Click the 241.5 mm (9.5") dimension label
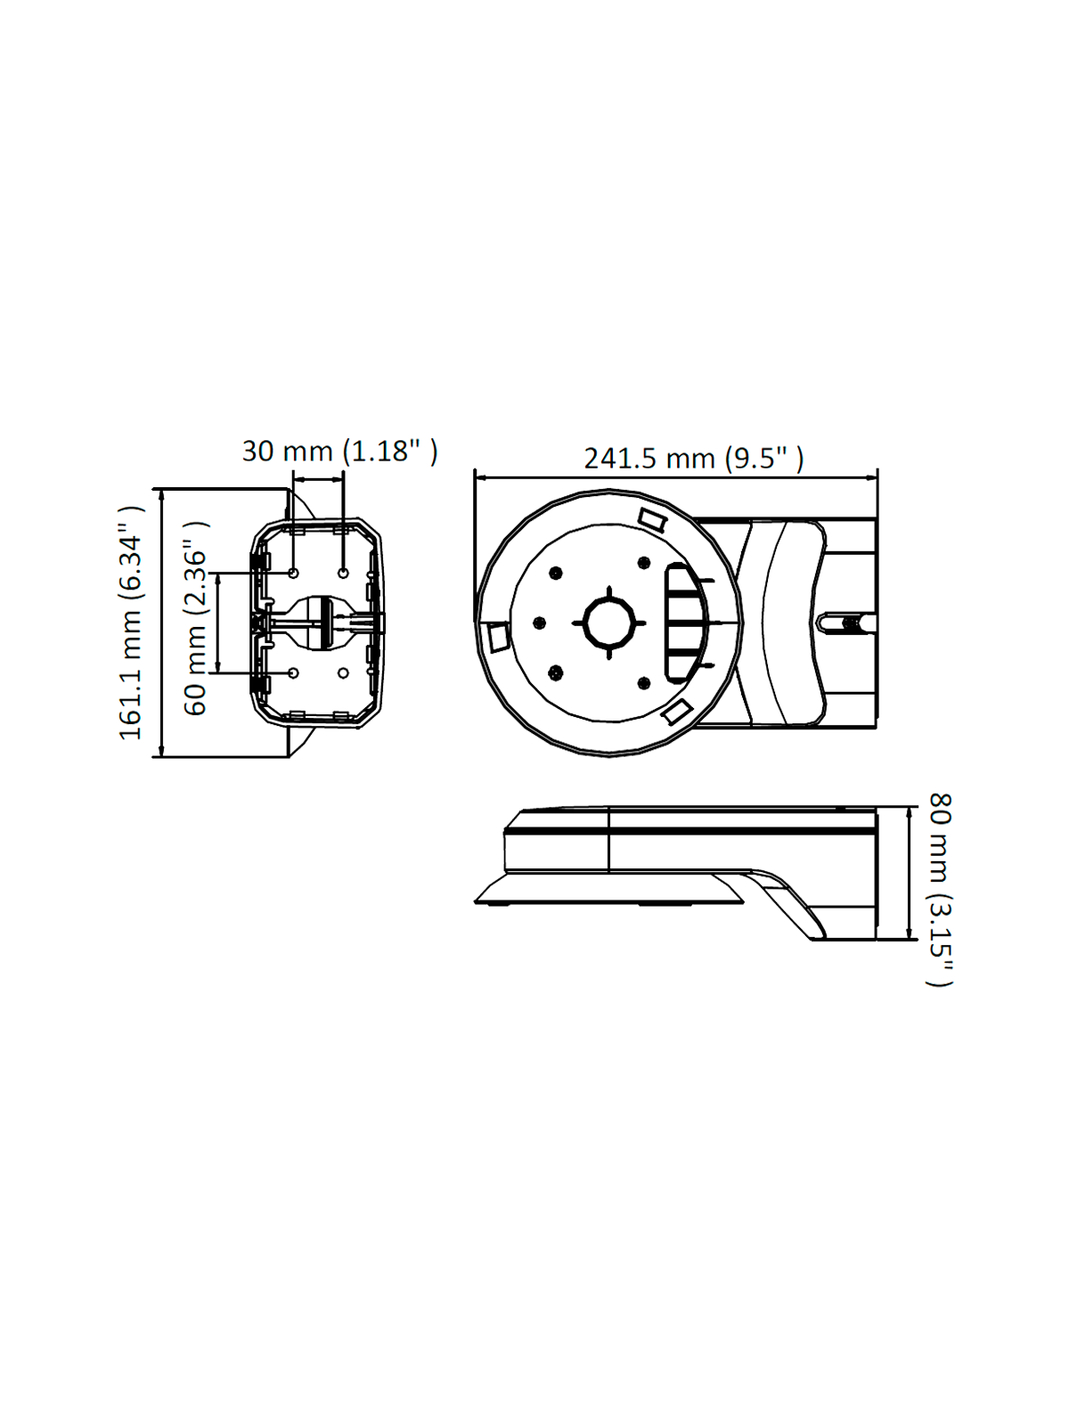(693, 459)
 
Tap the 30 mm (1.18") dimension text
(339, 451)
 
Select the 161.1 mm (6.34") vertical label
(131, 623)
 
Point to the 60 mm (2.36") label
(195, 618)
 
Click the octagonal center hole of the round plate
(609, 623)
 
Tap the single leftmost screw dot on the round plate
(539, 623)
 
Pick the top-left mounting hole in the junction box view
(294, 573)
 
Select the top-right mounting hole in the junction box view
(343, 573)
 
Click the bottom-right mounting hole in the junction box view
(343, 672)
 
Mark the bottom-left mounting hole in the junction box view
(294, 672)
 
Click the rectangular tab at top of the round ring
(652, 519)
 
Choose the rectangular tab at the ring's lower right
(678, 711)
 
